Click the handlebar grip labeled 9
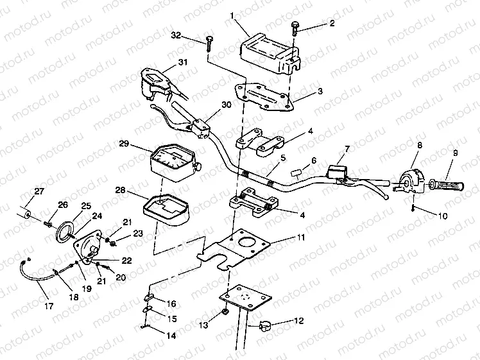coord(447,186)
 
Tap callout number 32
coord(177,35)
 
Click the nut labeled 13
coord(225,312)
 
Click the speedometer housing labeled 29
coord(171,160)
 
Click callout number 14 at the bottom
coord(170,334)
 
